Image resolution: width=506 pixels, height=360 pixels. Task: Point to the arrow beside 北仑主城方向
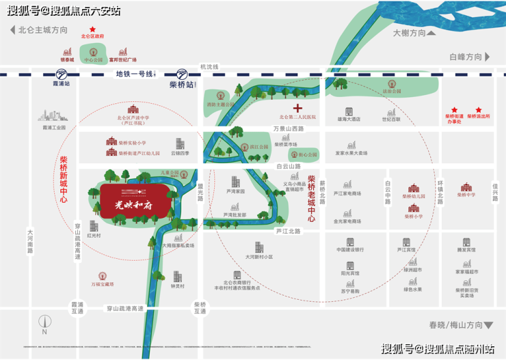tap(12, 30)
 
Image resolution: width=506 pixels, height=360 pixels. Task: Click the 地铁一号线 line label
tap(133, 74)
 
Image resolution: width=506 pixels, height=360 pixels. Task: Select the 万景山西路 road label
tap(287, 128)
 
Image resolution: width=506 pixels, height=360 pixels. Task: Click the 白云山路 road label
tap(289, 166)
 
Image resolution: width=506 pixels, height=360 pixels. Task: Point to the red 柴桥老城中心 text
tap(311, 199)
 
